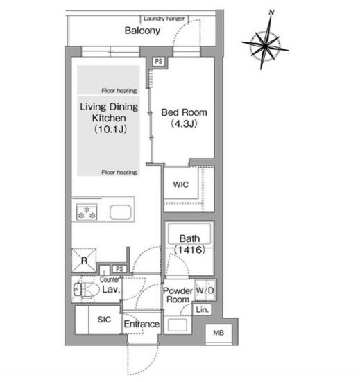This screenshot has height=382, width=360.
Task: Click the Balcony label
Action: tap(142, 31)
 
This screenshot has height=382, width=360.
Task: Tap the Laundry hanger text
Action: tap(164, 19)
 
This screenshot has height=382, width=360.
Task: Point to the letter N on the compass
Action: tap(271, 12)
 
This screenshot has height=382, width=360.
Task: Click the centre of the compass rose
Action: tap(265, 45)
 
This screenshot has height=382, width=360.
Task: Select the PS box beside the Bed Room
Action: tap(158, 61)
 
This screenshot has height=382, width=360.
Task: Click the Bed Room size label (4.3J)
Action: tap(184, 124)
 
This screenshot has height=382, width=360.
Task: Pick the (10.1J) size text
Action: tap(110, 129)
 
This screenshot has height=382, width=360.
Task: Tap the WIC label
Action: tap(180, 184)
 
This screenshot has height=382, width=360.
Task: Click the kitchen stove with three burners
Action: tap(87, 212)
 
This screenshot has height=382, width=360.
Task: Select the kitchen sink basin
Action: tap(121, 212)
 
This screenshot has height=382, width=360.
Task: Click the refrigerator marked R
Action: tap(84, 261)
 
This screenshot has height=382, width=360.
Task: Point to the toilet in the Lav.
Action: tap(87, 290)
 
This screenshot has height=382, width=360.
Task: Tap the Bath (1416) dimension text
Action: tap(189, 250)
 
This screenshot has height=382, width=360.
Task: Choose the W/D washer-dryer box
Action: tap(205, 290)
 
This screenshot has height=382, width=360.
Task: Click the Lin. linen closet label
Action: tap(203, 310)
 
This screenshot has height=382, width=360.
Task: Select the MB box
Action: tap(218, 333)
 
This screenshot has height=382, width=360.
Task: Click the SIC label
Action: tap(104, 320)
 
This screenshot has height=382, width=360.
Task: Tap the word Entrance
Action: tap(142, 324)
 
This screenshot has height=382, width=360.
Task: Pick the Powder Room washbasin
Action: tap(178, 324)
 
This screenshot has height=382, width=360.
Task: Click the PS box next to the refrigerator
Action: tap(119, 269)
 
